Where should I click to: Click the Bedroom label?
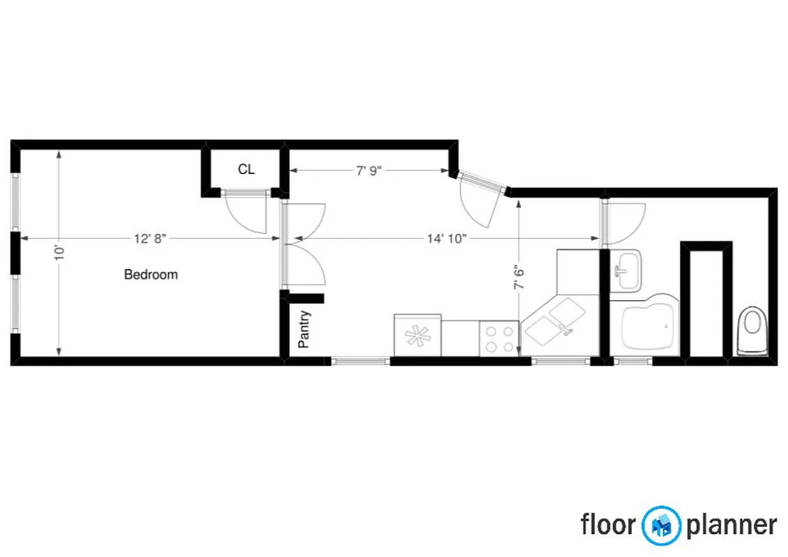click(x=150, y=274)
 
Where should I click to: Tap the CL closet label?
click(x=246, y=169)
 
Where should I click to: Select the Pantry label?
click(x=304, y=329)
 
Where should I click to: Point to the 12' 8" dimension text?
click(x=150, y=239)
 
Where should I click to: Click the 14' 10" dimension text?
click(x=447, y=239)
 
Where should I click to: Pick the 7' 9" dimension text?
click(x=369, y=171)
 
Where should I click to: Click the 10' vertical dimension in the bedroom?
click(x=59, y=251)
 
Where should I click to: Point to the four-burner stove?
click(x=499, y=339)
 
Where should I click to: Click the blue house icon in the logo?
click(x=661, y=524)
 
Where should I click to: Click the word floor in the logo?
click(x=608, y=524)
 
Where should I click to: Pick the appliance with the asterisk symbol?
click(x=417, y=336)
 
